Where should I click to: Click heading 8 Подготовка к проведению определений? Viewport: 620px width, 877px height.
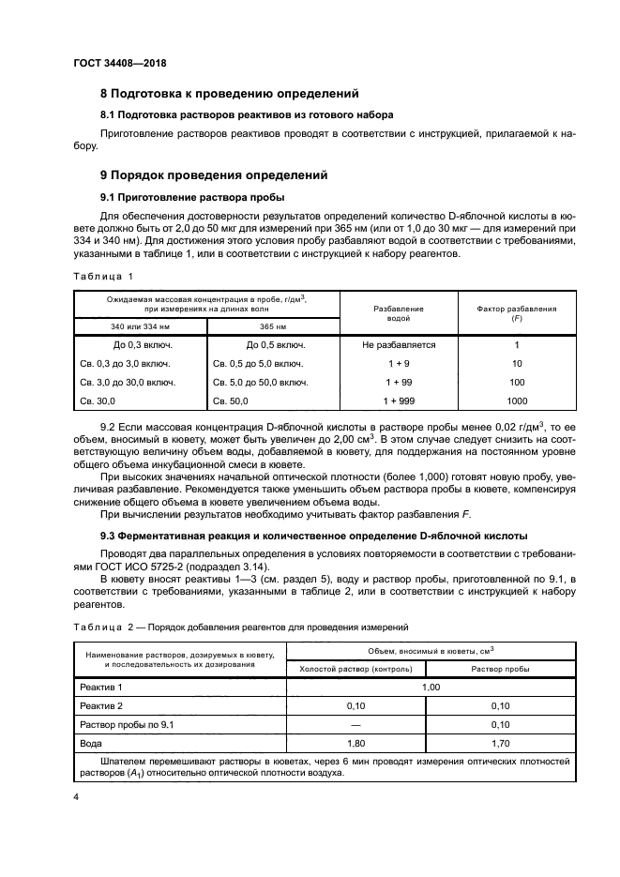click(x=230, y=94)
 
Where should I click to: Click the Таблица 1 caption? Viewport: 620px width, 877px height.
click(x=103, y=276)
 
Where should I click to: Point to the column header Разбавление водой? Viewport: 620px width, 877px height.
click(x=399, y=312)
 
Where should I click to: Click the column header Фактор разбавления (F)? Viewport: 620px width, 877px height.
click(x=516, y=312)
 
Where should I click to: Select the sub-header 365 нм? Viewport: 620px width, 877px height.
click(x=272, y=327)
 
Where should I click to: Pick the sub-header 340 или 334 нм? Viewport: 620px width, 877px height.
click(x=139, y=327)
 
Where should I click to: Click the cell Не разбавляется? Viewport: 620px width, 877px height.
click(x=399, y=345)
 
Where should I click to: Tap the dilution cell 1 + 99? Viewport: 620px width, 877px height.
click(x=399, y=382)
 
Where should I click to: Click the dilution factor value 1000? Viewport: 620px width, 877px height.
click(x=516, y=401)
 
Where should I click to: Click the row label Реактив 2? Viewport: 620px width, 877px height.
click(x=102, y=704)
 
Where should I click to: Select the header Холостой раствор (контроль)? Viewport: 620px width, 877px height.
click(x=355, y=669)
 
